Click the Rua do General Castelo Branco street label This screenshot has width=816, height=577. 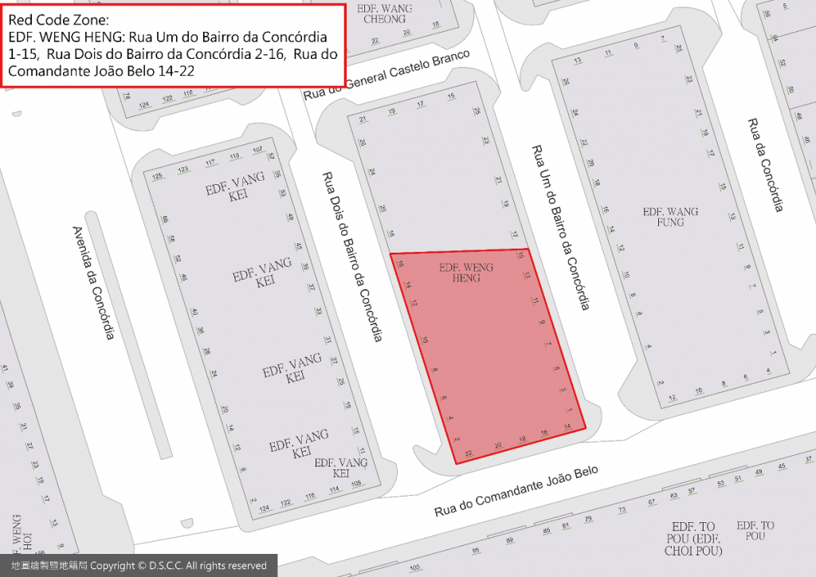coord(386,75)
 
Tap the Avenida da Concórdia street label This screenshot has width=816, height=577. coord(93,281)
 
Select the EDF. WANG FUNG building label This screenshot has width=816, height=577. coord(670,217)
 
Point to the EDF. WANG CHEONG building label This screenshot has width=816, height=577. coord(385,14)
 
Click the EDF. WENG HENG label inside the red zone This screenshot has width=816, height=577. coord(466,272)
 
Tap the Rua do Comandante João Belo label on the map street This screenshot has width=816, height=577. coord(516,493)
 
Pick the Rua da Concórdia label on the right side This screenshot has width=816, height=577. coord(764,165)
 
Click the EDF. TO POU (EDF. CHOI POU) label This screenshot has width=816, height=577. coord(697,539)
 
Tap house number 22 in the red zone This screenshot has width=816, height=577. coord(469,453)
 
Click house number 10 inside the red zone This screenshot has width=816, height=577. coord(426,340)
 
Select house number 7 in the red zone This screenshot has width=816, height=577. coord(548,343)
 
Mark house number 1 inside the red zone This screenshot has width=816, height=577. coord(570,410)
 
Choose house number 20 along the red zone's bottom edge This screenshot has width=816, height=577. coord(499,446)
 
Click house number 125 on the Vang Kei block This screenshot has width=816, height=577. coord(157,175)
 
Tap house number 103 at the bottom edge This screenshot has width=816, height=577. coord(414,568)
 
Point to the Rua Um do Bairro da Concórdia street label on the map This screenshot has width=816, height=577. coord(560,228)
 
